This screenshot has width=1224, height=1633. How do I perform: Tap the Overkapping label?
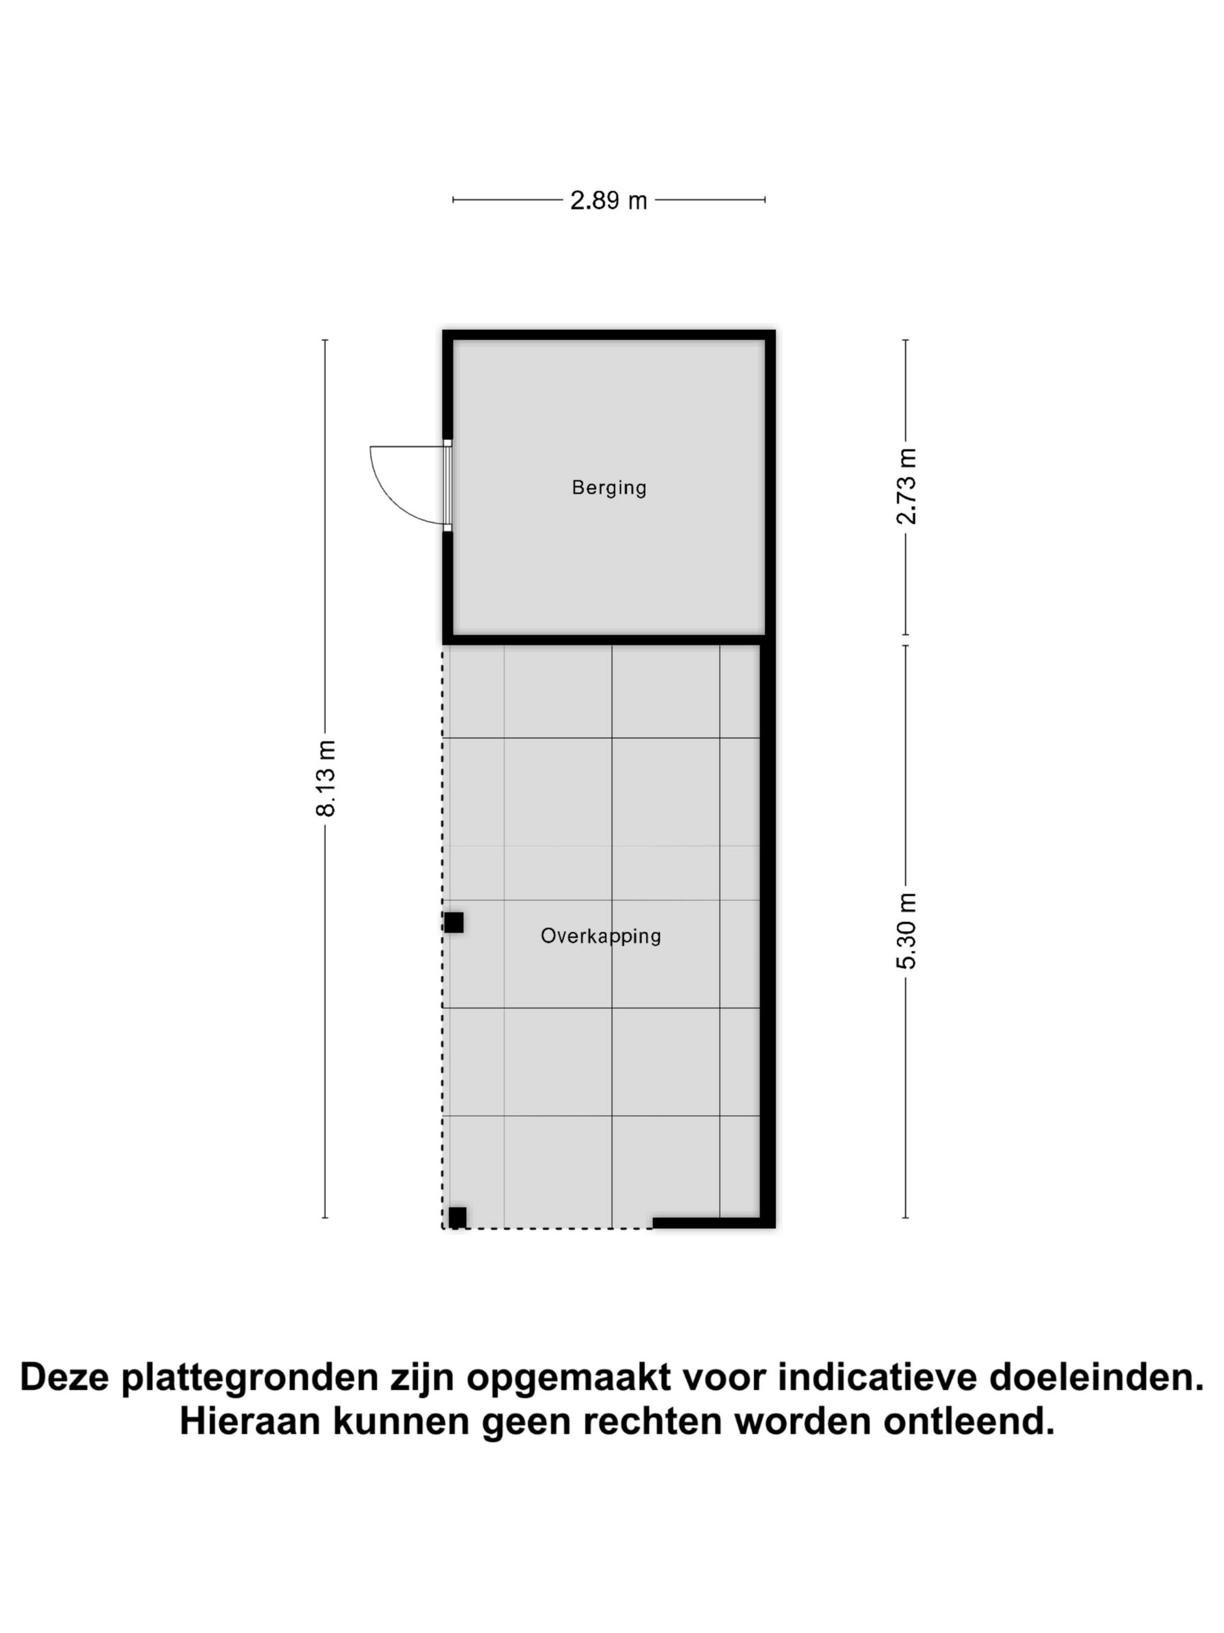600,936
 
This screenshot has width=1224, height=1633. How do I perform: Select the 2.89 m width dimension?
608,200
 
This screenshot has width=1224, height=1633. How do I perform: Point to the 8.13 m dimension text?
325,778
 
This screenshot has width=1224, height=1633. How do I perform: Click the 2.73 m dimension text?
905,486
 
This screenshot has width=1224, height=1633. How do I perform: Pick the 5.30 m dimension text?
905,930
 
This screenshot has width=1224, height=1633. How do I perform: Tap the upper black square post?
453,922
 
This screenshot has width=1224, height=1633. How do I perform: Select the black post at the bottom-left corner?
458,1217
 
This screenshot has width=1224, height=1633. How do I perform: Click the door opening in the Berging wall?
447,486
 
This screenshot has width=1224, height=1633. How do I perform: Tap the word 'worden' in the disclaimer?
803,1421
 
